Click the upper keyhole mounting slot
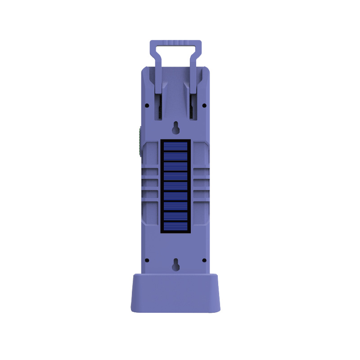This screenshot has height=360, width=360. pyautogui.click(x=176, y=128)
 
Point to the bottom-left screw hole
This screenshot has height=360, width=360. pyautogui.click(x=147, y=260)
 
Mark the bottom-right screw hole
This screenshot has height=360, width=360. pyautogui.click(x=204, y=260)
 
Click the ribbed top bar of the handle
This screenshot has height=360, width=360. pyautogui.click(x=175, y=43)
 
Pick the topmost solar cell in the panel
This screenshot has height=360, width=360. pyautogui.click(x=175, y=146)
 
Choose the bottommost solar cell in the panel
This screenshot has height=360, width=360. pyautogui.click(x=175, y=227)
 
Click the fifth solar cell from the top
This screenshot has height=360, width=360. pyautogui.click(x=175, y=186)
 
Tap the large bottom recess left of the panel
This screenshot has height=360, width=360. pyautogui.click(x=150, y=211)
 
